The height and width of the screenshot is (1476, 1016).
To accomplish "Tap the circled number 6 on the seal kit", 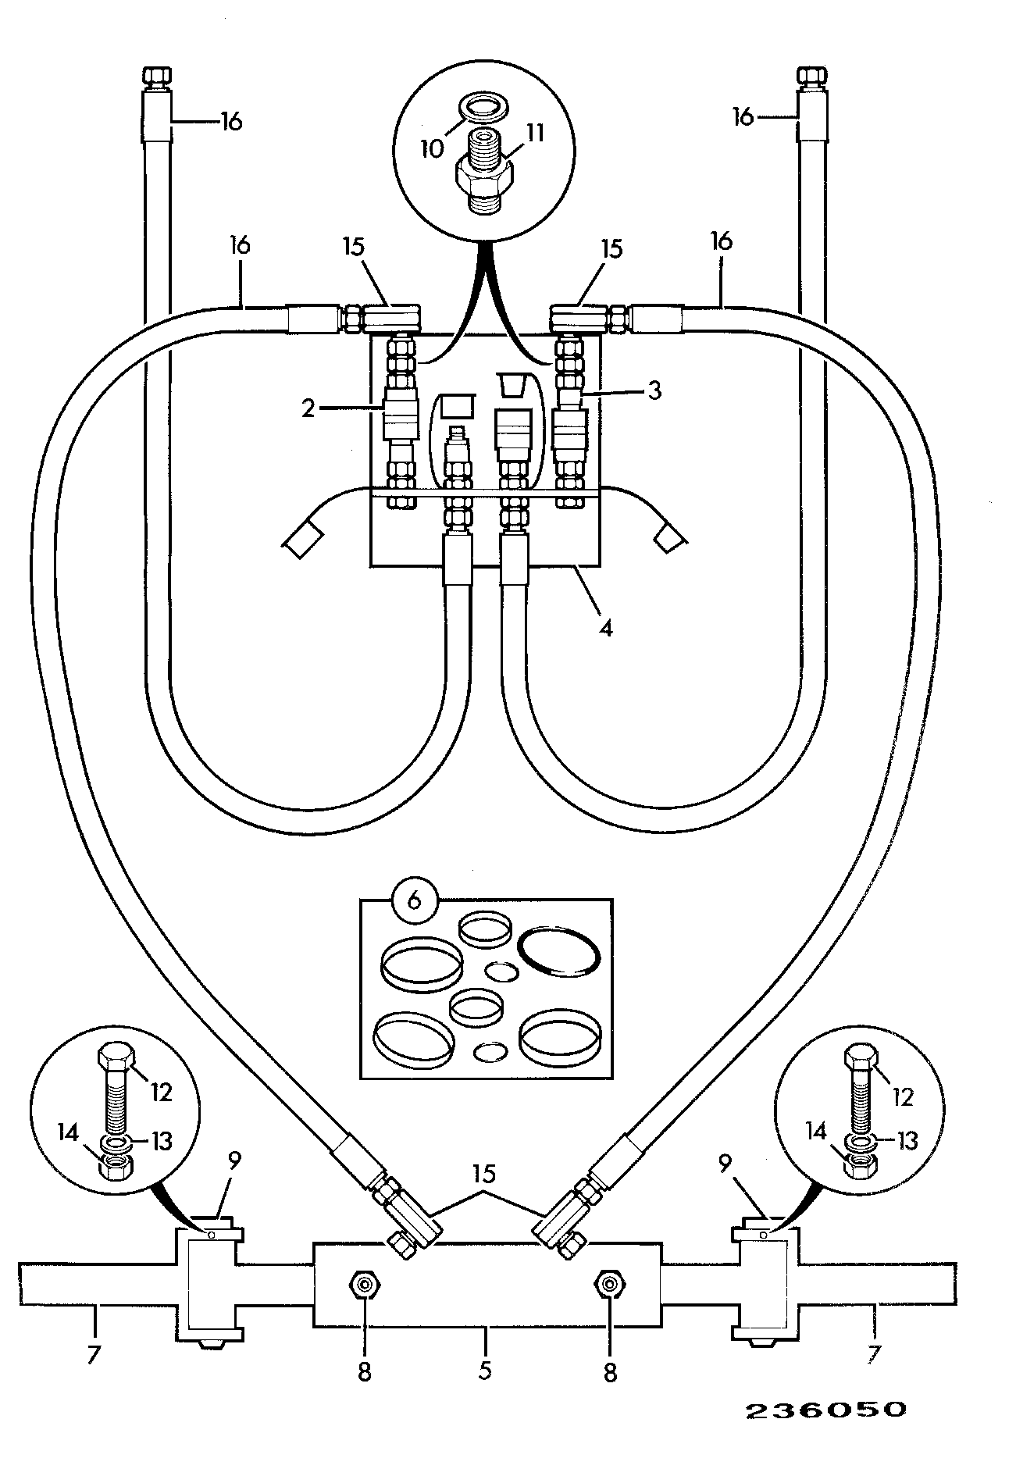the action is (415, 899).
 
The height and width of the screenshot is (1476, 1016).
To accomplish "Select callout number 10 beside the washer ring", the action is (432, 148).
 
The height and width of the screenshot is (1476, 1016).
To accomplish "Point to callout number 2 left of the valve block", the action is (308, 408).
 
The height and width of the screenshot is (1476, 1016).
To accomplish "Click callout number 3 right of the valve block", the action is (654, 390).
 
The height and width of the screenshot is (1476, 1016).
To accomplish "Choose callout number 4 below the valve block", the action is (605, 627).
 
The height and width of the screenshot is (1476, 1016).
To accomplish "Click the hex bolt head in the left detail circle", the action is (114, 1058).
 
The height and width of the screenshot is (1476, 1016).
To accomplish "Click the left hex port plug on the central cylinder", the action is (362, 1283).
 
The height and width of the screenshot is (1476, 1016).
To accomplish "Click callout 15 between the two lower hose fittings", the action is (484, 1175).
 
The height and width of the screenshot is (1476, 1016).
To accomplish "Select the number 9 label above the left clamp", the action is (234, 1161).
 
